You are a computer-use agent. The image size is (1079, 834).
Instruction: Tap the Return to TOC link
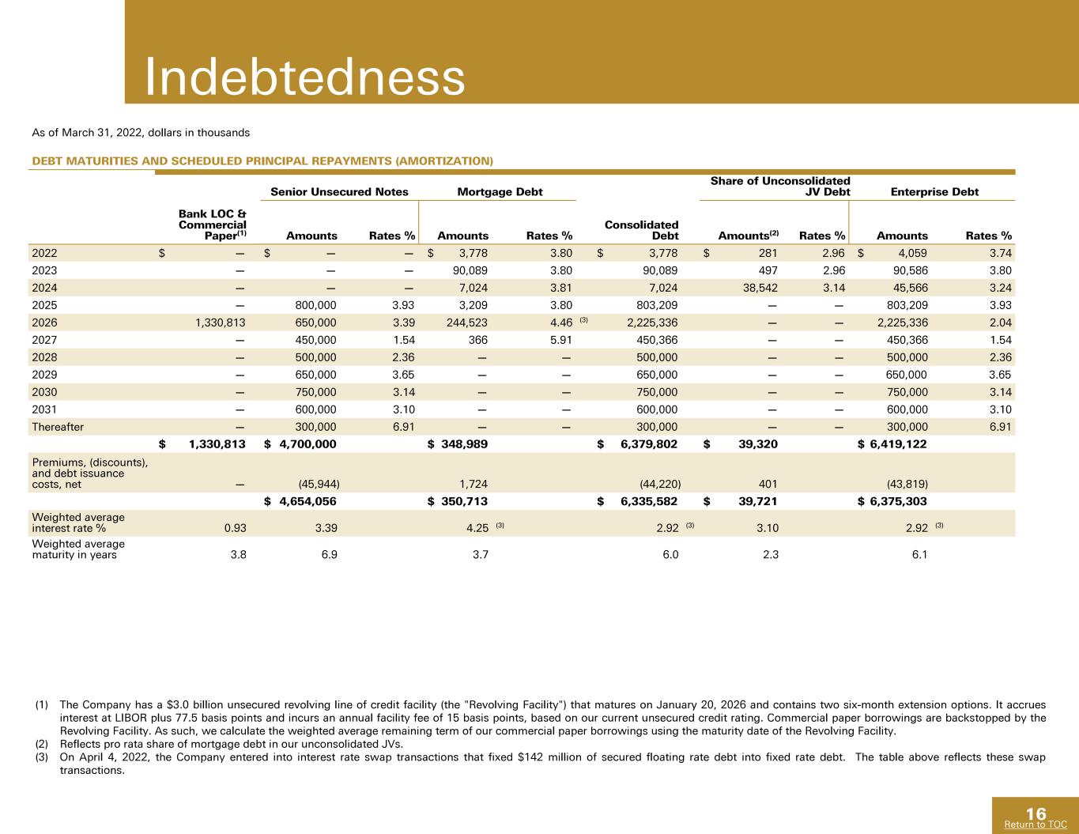(x=1036, y=824)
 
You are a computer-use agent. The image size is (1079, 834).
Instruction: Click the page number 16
(x=1036, y=813)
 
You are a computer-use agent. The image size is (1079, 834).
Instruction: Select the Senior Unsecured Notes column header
(x=339, y=191)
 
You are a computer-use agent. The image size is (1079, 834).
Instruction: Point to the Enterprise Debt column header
(x=934, y=191)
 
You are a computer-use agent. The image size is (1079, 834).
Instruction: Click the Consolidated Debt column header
(x=641, y=230)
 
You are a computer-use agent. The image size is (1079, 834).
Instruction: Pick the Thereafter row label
(x=58, y=427)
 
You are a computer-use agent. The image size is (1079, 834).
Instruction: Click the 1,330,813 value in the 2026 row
(x=220, y=323)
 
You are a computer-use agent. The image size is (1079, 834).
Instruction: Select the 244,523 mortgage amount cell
(x=466, y=323)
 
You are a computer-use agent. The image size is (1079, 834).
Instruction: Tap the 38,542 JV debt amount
(x=760, y=288)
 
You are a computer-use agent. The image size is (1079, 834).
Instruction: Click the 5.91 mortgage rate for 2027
(x=560, y=340)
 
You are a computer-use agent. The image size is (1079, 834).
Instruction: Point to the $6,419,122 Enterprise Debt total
(x=892, y=443)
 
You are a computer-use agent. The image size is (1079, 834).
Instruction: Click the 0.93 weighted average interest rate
(x=235, y=528)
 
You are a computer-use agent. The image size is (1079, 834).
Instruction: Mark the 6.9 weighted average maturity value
(x=329, y=554)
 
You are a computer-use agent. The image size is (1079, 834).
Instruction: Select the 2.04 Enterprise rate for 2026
(x=1000, y=323)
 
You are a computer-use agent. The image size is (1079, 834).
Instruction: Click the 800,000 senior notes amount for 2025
(x=315, y=305)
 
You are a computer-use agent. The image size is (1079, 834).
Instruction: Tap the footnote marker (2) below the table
(x=42, y=744)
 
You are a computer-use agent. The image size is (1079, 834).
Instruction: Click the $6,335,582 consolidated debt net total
(x=637, y=501)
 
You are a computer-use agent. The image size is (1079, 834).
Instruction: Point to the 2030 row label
(x=44, y=392)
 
